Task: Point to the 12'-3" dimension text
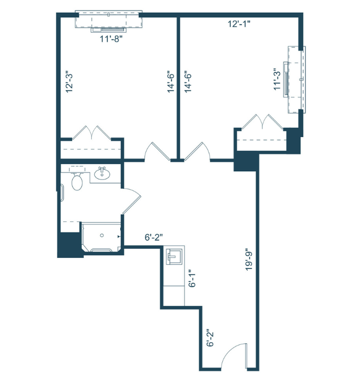coord(68,82)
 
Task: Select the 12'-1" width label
coord(239,24)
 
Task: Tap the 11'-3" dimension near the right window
coord(277,79)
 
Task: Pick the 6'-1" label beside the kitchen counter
coord(193,276)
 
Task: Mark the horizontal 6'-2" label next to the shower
coord(156,238)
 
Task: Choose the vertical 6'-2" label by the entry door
coord(210,338)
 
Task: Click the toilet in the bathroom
coord(77,182)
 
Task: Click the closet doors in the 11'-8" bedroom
coord(93,132)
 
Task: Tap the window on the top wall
coord(109,19)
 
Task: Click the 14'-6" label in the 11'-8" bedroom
coord(171,82)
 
